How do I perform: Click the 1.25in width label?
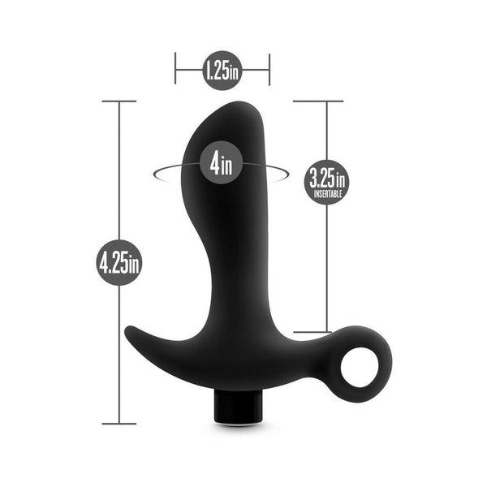point(222,71)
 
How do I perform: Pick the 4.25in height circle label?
point(119,262)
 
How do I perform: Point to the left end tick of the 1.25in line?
point(175,70)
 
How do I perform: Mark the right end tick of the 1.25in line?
point(269,70)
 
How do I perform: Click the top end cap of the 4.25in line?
point(119,101)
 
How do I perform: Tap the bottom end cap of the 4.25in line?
point(119,423)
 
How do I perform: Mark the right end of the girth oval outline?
point(287,173)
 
